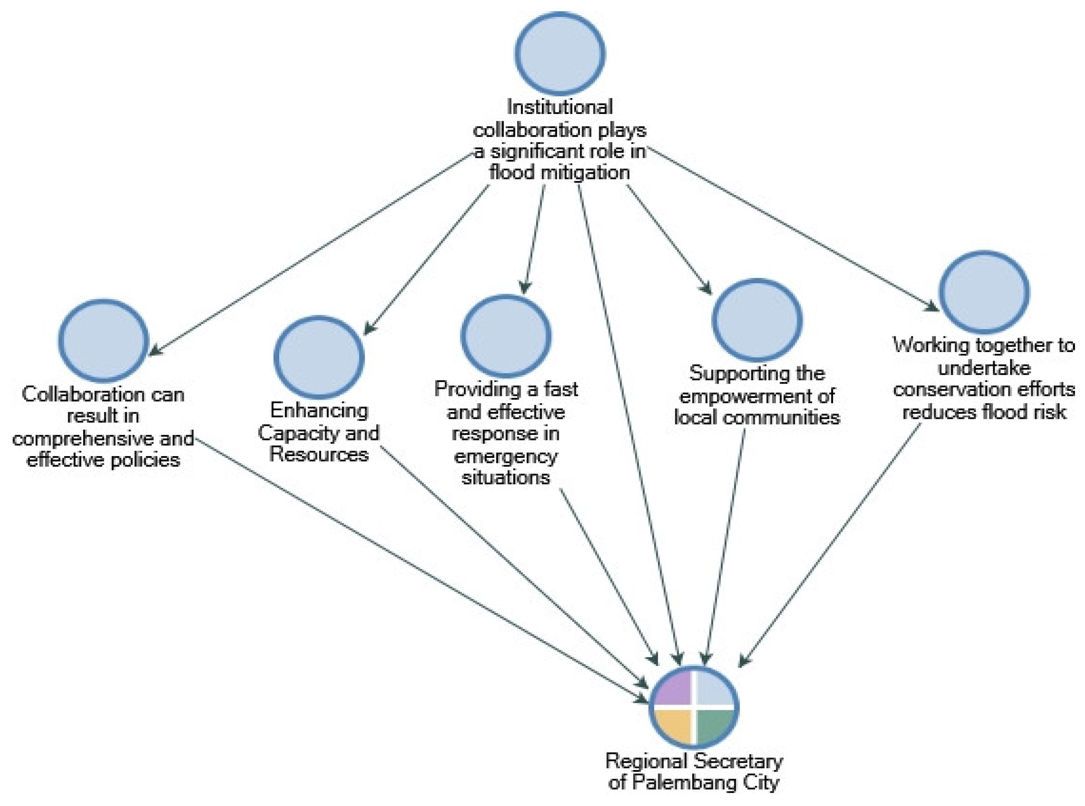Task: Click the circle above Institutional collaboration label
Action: coord(560,54)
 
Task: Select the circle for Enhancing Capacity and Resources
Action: coord(319,357)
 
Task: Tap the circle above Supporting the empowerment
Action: coord(757,320)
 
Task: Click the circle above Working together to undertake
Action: coord(984,292)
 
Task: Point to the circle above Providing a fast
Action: coord(506,336)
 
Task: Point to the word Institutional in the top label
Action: coord(560,107)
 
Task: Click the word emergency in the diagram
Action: coord(505,456)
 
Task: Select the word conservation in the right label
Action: coord(942,389)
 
